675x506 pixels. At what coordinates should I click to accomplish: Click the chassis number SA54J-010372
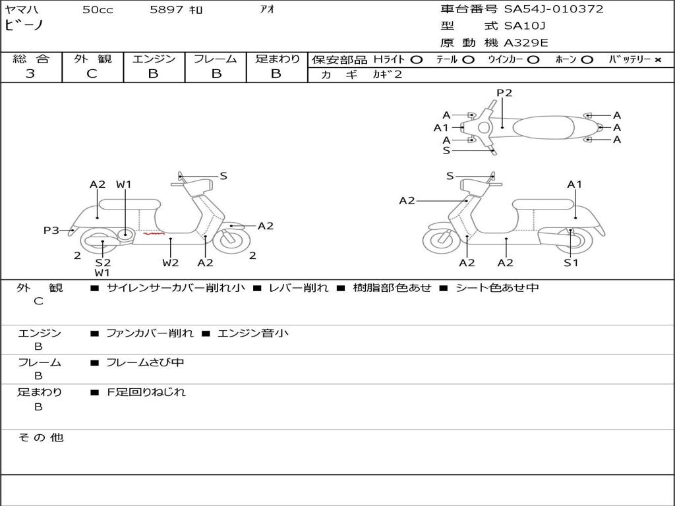point(554,9)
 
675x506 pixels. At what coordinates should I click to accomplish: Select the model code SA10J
point(525,26)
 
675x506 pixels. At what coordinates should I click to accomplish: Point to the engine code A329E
point(526,43)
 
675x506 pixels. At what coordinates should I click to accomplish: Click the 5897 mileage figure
point(167,9)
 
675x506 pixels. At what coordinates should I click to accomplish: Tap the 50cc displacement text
point(98,9)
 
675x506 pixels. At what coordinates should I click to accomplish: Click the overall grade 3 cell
point(30,74)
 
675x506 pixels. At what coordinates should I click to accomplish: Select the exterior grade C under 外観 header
point(92,74)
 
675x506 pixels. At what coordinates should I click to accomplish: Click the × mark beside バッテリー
point(658,60)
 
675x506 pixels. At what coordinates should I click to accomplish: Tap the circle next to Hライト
point(417,60)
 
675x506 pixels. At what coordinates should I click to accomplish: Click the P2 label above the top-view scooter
point(504,92)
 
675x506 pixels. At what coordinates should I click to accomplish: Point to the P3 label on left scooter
point(51,230)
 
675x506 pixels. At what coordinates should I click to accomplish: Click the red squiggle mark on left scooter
point(154,234)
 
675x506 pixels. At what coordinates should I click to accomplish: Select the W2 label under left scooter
point(171,262)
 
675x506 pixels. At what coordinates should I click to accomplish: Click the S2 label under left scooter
point(103,262)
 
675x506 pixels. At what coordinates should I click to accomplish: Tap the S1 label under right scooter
point(571,262)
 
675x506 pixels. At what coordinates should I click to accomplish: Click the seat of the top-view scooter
point(543,127)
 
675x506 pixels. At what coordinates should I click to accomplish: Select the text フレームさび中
point(145,362)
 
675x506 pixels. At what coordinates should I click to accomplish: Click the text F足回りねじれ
point(146,392)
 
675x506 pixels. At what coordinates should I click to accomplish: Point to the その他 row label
point(41,437)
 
